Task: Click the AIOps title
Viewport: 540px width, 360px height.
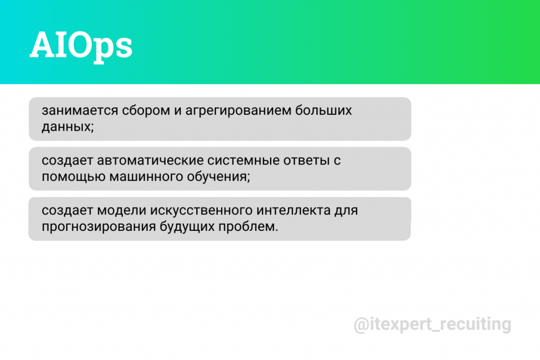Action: [81, 46]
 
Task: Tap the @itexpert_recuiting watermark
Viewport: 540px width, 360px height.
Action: [432, 324]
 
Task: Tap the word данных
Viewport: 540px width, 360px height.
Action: [67, 127]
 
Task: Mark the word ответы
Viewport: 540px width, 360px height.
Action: [305, 161]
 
